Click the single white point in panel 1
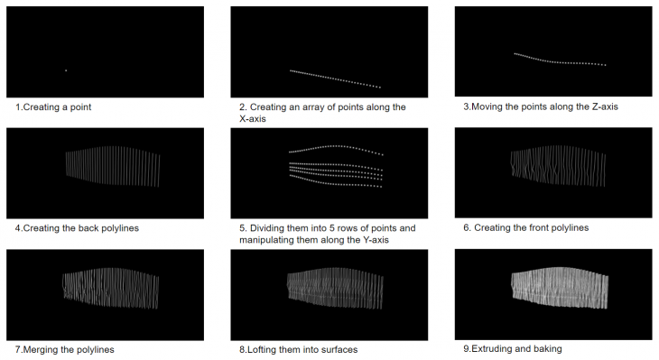pyautogui.click(x=66, y=70)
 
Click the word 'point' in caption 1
pyautogui.click(x=80, y=107)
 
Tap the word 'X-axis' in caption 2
pyautogui.click(x=253, y=119)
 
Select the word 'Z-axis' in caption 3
pyautogui.click(x=605, y=106)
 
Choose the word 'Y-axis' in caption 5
pyautogui.click(x=376, y=240)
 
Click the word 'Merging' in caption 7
pyautogui.click(x=39, y=349)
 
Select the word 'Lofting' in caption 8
pyautogui.click(x=262, y=349)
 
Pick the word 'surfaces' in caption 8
pyautogui.click(x=339, y=349)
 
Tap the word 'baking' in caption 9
pyautogui.click(x=547, y=348)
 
